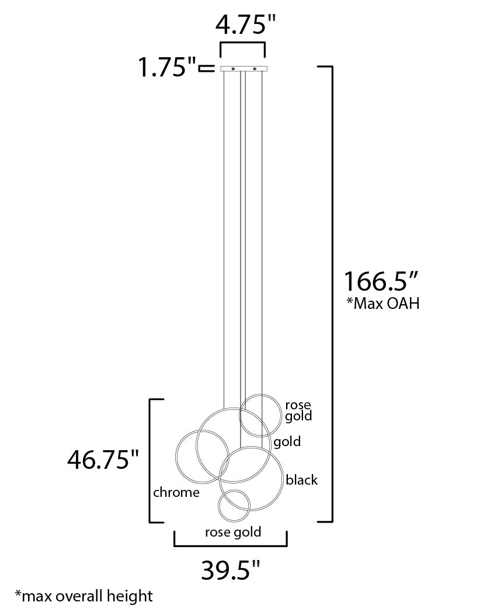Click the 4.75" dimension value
pyautogui.click(x=245, y=25)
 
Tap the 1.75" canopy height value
pyautogui.click(x=168, y=67)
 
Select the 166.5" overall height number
pyautogui.click(x=381, y=281)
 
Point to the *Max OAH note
pyautogui.click(x=383, y=304)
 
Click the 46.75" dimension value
pyautogui.click(x=103, y=460)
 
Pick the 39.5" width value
pyautogui.click(x=230, y=570)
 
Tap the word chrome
pyautogui.click(x=176, y=492)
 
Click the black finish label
pyautogui.click(x=302, y=480)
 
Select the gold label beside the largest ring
pyautogui.click(x=287, y=442)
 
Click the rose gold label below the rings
pyautogui.click(x=233, y=532)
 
